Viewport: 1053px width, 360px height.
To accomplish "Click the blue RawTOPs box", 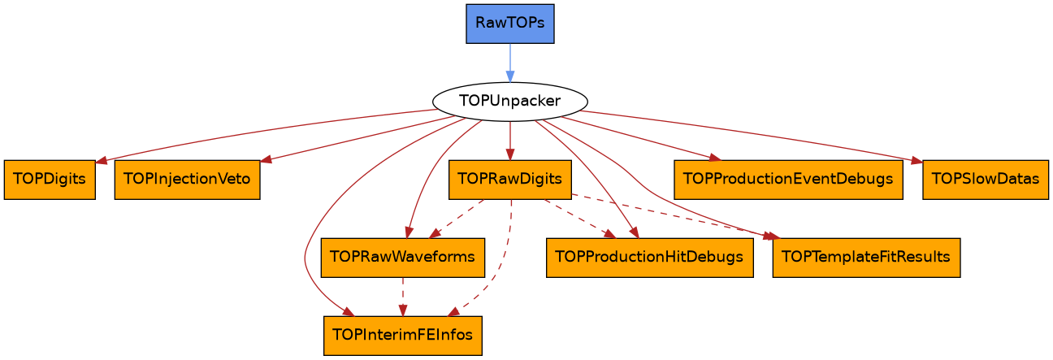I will pyautogui.click(x=509, y=24).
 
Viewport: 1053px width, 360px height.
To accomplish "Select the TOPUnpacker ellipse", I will pyautogui.click(x=510, y=102).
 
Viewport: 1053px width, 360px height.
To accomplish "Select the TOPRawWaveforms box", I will pyautogui.click(x=404, y=258).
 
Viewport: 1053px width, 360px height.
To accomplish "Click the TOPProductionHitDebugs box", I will pyautogui.click(x=650, y=258).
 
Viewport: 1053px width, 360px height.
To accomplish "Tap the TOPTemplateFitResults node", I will pyautogui.click(x=866, y=258).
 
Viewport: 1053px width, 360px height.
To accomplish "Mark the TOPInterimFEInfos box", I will pyautogui.click(x=403, y=336).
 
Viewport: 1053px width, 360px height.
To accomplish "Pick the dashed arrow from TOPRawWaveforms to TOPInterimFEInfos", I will pyautogui.click(x=404, y=296).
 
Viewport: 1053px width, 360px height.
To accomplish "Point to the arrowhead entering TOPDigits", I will pyautogui.click(x=102, y=162).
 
